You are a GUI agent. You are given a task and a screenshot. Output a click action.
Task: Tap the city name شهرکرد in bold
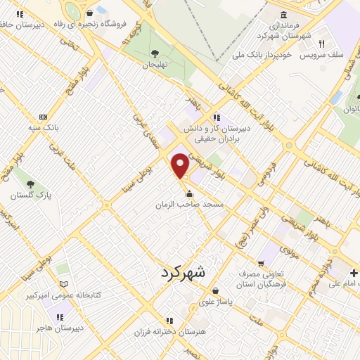pyautogui.click(x=183, y=272)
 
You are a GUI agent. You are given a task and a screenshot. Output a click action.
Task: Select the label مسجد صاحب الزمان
pyautogui.click(x=190, y=205)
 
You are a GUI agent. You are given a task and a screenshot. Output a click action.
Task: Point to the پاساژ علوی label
pyautogui.click(x=214, y=301)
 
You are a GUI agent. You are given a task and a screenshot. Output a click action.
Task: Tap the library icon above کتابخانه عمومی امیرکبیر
pyautogui.click(x=64, y=284)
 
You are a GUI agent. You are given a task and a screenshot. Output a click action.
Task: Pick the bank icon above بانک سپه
pyautogui.click(x=44, y=117)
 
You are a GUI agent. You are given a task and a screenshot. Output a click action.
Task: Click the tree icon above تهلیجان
pyautogui.click(x=155, y=53)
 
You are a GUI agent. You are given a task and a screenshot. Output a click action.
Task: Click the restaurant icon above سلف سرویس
pyautogui.click(x=321, y=44)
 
